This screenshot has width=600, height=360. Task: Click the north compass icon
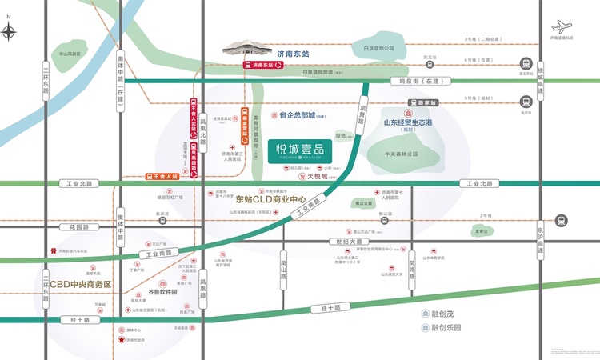click(10, 32)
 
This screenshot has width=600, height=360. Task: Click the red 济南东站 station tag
click(263, 65)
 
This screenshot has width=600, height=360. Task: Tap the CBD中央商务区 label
click(80, 284)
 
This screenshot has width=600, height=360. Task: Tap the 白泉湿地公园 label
click(378, 49)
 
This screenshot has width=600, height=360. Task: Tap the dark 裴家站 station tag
click(422, 102)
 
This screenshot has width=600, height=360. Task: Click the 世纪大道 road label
click(351, 242)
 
